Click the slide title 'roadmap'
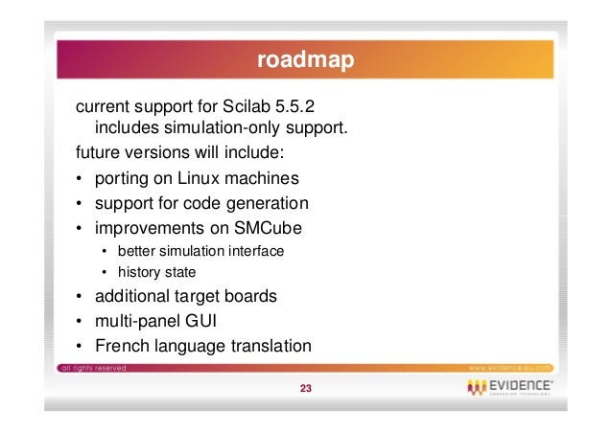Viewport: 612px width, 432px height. click(305, 61)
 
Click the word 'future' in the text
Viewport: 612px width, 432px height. click(101, 153)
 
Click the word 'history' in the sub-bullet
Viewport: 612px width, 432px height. click(138, 273)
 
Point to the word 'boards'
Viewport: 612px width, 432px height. click(251, 296)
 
